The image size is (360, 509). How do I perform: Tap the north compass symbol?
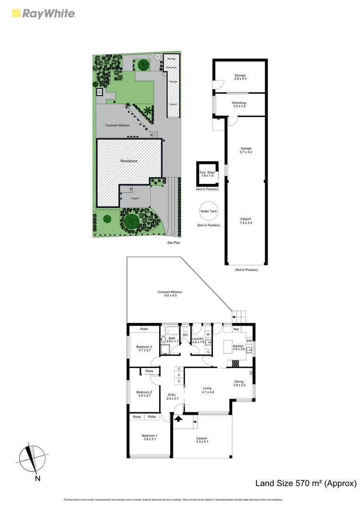tap(32, 458)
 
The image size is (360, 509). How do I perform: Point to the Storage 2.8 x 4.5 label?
tap(240, 77)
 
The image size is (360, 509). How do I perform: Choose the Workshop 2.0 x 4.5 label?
tap(239, 104)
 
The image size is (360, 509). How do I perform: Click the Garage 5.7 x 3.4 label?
tap(245, 150)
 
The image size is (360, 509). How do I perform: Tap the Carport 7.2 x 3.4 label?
tap(246, 221)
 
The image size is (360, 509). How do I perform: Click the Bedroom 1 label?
tap(149, 437)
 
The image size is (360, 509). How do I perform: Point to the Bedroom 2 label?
tap(144, 394)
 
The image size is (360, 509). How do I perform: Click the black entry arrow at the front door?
tap(179, 419)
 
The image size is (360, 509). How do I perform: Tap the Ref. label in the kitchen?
tap(237, 329)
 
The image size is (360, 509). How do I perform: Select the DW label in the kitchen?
tap(249, 340)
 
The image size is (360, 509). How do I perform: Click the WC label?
tap(185, 335)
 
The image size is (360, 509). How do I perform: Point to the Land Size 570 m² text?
tap(305, 483)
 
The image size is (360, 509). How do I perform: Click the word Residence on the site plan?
tap(129, 161)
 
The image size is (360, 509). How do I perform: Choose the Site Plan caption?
tap(174, 243)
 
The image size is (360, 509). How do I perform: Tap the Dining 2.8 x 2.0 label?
tap(239, 383)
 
